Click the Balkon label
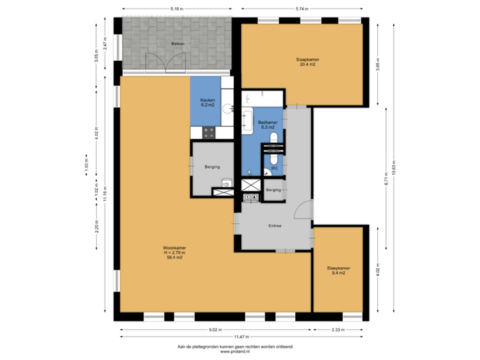click(x=177, y=43)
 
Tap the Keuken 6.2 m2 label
click(x=207, y=103)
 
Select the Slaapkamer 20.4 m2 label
click(x=307, y=63)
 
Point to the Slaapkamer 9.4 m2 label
click(x=338, y=271)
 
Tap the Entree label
click(x=275, y=225)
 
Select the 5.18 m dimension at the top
click(x=176, y=9)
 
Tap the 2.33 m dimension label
click(x=338, y=329)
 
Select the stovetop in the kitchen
click(x=209, y=133)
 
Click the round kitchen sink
click(x=227, y=107)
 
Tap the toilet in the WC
click(x=274, y=138)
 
